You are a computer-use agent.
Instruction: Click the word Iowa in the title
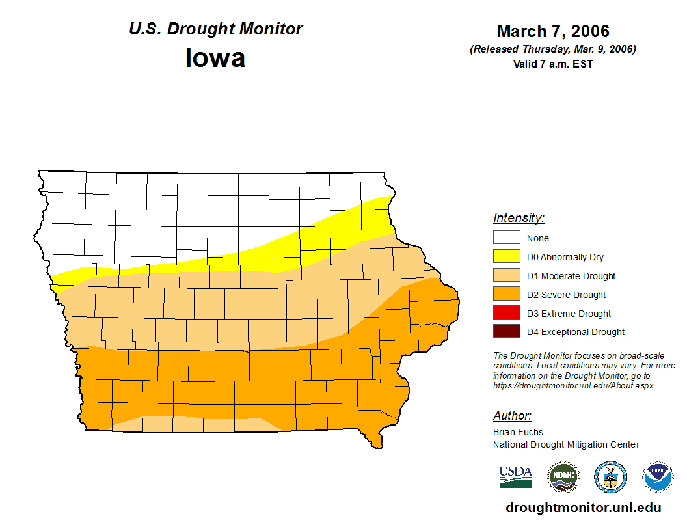tap(215, 59)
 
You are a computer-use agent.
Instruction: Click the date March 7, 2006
tap(553, 31)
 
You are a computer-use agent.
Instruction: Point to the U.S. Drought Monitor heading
tap(215, 29)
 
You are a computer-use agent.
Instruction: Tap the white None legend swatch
tap(506, 238)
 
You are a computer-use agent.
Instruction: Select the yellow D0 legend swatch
tap(506, 256)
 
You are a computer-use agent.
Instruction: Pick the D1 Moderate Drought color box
tap(506, 275)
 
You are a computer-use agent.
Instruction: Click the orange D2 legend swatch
tap(506, 294)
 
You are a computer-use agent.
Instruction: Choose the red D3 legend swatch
tap(506, 313)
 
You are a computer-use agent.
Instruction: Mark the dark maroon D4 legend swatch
tap(506, 332)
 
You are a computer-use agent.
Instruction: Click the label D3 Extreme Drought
tap(569, 314)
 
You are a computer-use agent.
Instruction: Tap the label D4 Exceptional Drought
tap(576, 333)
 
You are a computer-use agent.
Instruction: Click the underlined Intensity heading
tap(519, 218)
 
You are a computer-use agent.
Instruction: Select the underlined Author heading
tap(513, 416)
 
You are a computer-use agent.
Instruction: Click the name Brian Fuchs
tap(518, 432)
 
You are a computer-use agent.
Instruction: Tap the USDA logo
tap(516, 477)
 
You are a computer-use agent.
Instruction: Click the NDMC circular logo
tap(563, 477)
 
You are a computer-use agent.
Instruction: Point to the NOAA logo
tap(658, 477)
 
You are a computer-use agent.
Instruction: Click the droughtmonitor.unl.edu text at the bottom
tap(584, 508)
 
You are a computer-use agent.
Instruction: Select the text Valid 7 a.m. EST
tap(553, 64)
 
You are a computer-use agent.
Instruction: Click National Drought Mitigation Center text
tap(566, 445)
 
